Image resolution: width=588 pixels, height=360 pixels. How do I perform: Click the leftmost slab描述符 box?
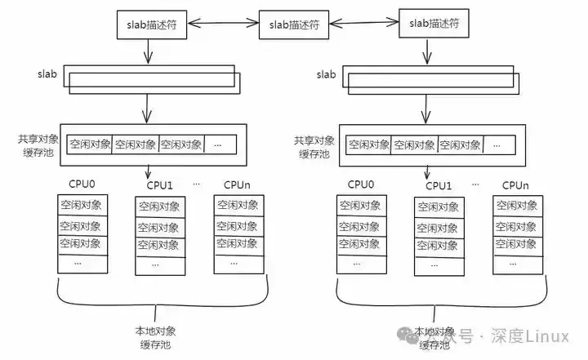(148, 24)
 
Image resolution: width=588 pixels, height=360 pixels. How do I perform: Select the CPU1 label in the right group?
(438, 186)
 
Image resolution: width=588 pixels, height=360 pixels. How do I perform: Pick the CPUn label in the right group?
(516, 185)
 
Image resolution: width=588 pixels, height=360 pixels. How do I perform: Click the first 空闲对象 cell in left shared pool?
(88, 144)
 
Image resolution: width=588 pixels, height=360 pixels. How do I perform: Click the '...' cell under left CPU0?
(80, 263)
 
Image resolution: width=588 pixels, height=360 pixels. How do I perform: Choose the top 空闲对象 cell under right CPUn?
(516, 205)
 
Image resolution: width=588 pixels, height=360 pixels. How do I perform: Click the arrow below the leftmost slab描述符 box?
(148, 51)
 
